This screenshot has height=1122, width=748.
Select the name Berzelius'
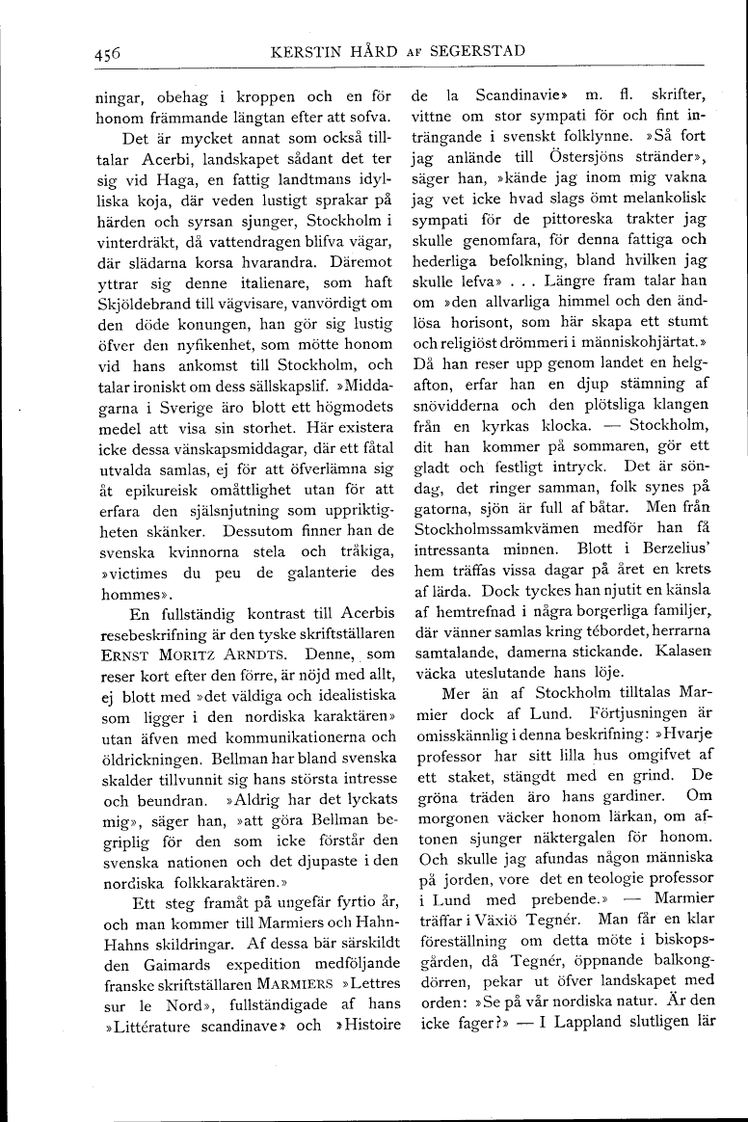(666, 583)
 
